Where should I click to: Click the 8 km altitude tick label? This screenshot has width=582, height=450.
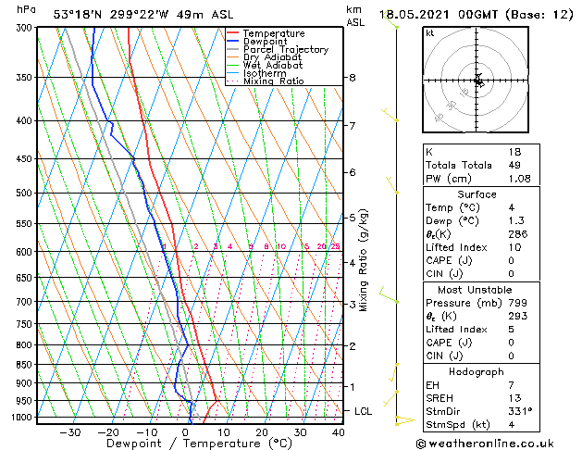coord(352,78)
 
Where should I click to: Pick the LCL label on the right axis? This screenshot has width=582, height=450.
coord(364,410)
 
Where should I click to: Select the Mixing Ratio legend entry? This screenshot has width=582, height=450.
coord(273,81)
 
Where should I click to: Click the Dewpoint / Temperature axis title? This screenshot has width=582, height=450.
coord(188,444)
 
